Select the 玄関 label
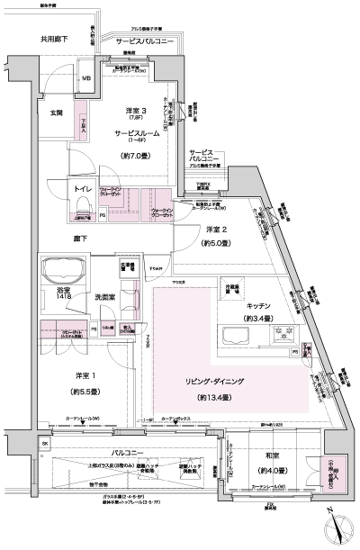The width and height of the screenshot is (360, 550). [x=55, y=113]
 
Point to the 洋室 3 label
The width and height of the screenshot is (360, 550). [x=135, y=112]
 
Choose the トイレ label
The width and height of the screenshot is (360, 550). [x=85, y=190]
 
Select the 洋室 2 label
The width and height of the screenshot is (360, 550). [x=215, y=229]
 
